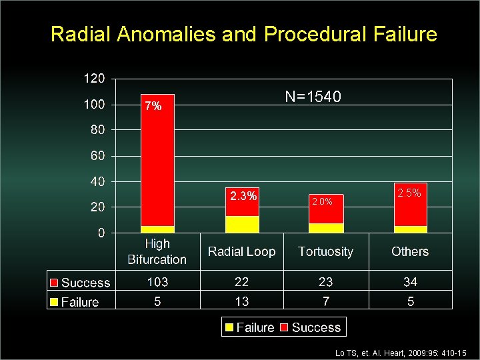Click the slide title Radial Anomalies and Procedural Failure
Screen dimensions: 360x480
(243, 34)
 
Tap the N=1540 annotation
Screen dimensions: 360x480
(313, 97)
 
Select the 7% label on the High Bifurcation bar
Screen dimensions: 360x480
(153, 106)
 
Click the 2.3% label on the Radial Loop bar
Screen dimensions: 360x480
(243, 196)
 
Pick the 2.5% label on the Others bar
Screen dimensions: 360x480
(409, 193)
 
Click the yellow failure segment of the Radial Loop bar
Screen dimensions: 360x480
(242, 224)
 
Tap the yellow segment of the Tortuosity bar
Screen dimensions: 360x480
(326, 228)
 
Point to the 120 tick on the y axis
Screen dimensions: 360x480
(93, 79)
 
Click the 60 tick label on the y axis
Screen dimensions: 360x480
(97, 156)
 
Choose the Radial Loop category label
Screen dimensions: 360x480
(241, 251)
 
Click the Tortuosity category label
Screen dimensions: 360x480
(325, 251)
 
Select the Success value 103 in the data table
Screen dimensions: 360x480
(157, 283)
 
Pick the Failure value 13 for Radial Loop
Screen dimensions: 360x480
(241, 301)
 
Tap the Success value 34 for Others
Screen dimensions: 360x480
(409, 283)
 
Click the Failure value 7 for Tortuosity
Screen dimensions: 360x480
(325, 301)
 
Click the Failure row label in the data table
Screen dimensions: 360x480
(79, 302)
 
